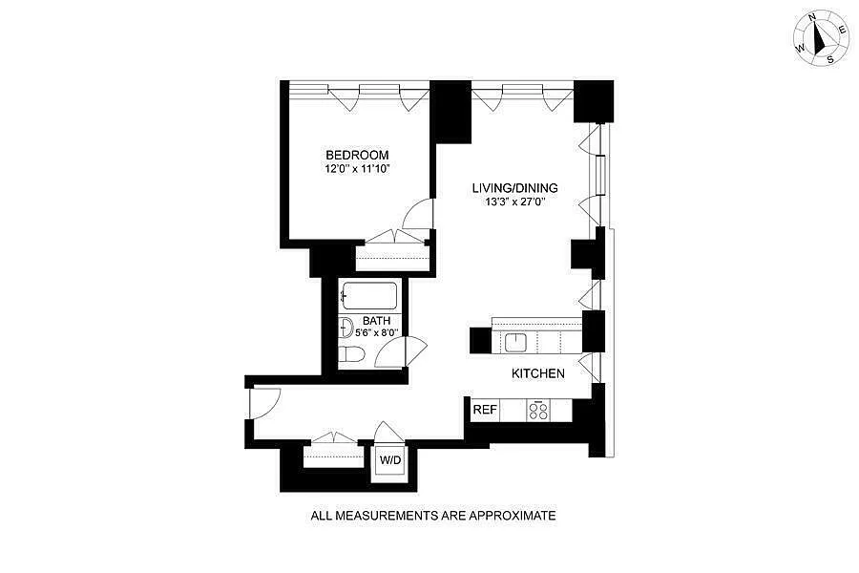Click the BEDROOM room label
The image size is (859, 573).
click(x=357, y=156)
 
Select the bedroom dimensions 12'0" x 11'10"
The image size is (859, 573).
click(x=357, y=169)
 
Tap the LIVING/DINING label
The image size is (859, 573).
click(x=514, y=188)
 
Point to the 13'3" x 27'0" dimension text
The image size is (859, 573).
click(x=514, y=202)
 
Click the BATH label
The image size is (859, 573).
click(x=376, y=321)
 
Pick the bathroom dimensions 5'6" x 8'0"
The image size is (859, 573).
click(x=377, y=333)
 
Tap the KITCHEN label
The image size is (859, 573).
click(x=538, y=373)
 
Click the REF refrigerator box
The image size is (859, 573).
click(x=486, y=410)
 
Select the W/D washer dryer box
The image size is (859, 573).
click(x=390, y=459)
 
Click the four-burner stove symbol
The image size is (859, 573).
click(x=539, y=410)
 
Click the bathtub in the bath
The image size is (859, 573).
click(x=368, y=295)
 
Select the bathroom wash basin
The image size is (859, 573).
click(x=346, y=328)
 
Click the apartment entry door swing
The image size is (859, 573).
click(x=264, y=402)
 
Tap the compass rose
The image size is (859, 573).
click(x=821, y=36)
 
